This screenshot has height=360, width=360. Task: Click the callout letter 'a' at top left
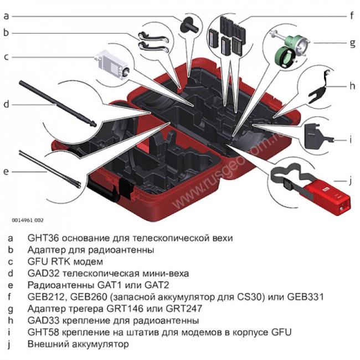click(x=6, y=16)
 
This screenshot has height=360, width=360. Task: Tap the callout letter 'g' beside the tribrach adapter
click(x=351, y=42)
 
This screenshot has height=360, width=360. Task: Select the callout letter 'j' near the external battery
click(x=351, y=180)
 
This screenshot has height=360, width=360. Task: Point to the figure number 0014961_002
click(x=28, y=220)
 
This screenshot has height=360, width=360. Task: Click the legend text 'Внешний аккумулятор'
click(x=78, y=344)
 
